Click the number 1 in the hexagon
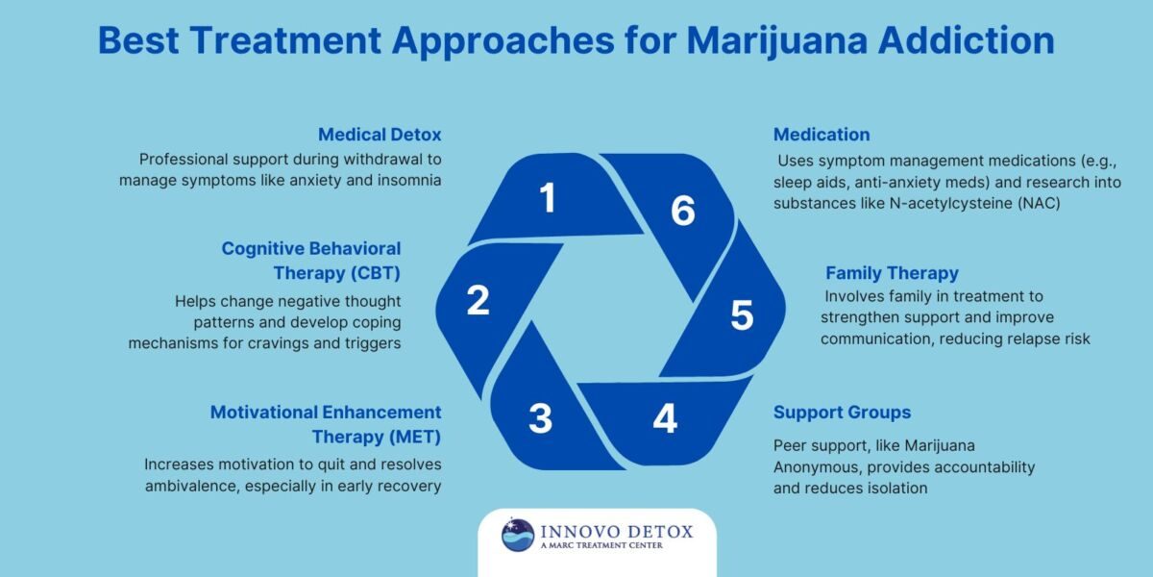pos(548,198)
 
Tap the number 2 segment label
pos(478,300)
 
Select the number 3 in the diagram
pos(540,418)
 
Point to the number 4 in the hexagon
pos(664,418)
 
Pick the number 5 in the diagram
pos(741,315)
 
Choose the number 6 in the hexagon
pos(682,211)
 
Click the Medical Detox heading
pos(380,135)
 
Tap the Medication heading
pos(822,135)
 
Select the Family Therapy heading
pos(892,273)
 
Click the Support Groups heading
pos(842,413)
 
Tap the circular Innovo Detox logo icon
pos(518,536)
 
